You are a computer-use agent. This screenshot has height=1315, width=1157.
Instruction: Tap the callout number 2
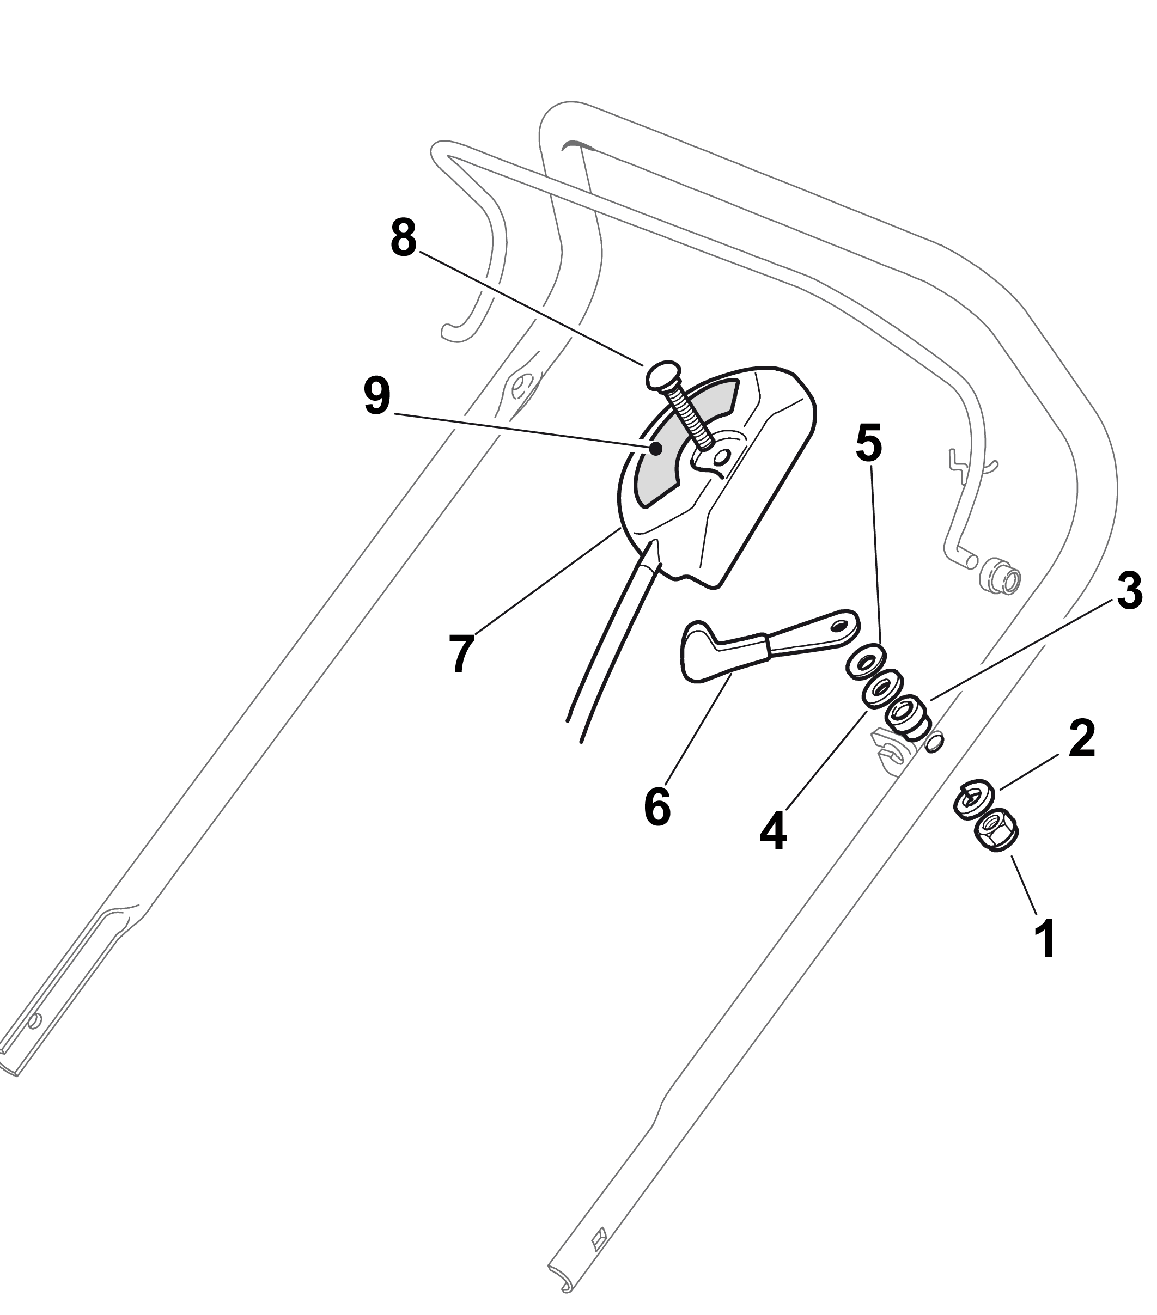coord(1081,739)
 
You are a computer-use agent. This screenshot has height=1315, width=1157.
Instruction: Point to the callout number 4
coord(773,830)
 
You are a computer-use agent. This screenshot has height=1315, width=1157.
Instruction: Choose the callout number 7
coord(461,653)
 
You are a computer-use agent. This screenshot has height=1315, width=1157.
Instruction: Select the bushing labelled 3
coord(906,715)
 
